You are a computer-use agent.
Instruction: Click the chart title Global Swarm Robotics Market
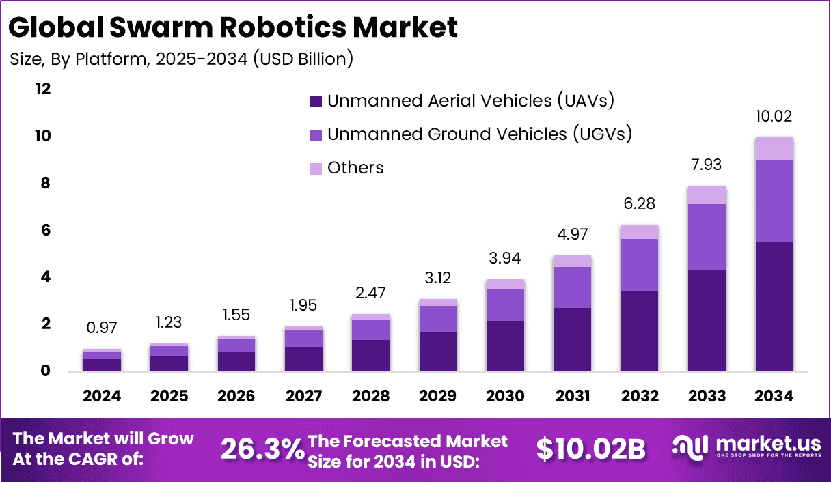(233, 27)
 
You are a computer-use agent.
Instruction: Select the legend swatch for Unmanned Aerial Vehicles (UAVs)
(316, 101)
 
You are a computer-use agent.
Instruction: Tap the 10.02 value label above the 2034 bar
(774, 116)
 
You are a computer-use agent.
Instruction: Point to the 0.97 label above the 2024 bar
(102, 329)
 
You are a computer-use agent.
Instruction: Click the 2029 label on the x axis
(438, 396)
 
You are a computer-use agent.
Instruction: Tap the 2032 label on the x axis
(640, 396)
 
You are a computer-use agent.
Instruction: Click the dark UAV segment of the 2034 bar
(774, 307)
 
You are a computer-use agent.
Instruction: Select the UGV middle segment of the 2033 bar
(707, 236)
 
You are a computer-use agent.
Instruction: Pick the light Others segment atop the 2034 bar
(774, 148)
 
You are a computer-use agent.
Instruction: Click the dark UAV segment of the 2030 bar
(505, 345)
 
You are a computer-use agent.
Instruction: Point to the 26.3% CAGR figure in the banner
(262, 449)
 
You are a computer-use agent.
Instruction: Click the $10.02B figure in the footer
(590, 449)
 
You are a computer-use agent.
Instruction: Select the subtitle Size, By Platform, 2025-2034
(181, 59)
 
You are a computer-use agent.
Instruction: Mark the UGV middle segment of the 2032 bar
(640, 264)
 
